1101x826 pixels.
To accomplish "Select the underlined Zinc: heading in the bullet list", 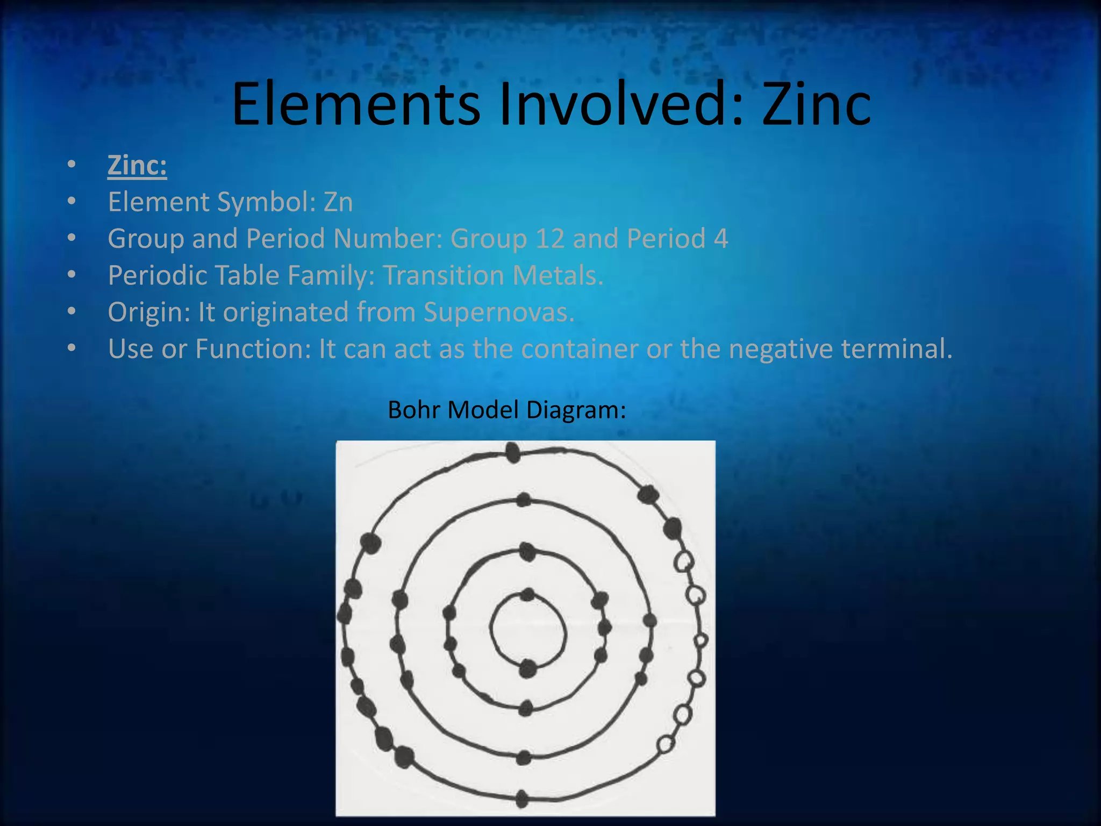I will coord(137,165).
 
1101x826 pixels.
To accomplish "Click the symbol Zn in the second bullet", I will coord(338,202).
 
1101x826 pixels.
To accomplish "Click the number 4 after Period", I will coord(721,238).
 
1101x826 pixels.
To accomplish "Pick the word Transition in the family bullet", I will coord(443,275).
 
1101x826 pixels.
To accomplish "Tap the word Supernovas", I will coord(499,312).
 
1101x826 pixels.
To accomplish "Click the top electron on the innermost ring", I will coord(528,595).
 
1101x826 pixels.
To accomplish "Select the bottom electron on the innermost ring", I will coord(528,668).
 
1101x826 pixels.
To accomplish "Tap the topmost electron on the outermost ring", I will coord(513,452).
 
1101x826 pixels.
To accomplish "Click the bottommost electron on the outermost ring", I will coord(521,799).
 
